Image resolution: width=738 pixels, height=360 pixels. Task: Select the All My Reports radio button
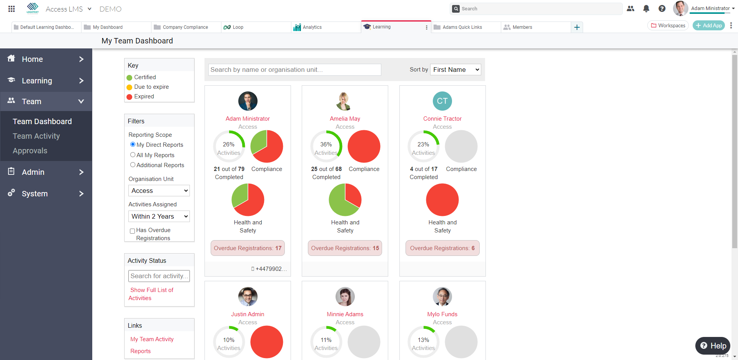133,155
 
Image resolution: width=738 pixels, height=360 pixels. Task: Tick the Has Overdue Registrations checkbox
132,231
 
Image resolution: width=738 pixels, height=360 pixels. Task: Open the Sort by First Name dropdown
455,70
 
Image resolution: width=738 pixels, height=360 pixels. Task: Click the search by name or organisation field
294,70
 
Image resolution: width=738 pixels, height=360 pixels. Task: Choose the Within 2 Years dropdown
159,216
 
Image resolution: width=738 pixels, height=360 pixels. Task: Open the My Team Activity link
152,339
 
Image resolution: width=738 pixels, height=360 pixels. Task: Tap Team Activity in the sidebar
36,136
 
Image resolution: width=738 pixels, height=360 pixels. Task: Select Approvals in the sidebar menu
30,151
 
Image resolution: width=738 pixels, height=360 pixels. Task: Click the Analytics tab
312,27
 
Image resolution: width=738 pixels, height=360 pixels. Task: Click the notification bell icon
646,8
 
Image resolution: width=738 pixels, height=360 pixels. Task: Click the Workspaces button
668,25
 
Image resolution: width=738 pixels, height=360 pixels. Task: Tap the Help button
713,346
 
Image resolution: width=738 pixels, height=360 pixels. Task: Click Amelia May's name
345,119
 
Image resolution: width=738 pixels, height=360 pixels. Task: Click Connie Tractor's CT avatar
442,101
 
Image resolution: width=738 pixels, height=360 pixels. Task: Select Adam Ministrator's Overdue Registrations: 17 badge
248,248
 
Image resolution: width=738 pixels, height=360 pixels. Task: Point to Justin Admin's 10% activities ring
229,342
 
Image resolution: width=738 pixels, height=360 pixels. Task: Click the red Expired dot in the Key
130,97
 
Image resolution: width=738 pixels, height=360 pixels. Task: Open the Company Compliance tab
185,27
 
